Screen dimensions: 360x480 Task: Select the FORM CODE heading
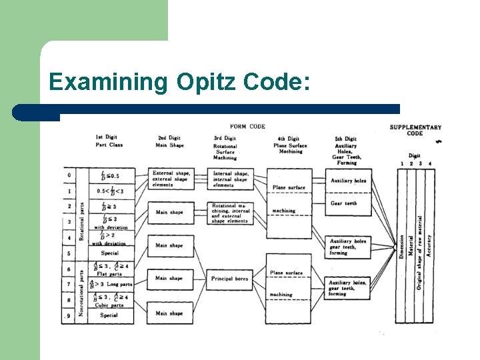click(x=247, y=127)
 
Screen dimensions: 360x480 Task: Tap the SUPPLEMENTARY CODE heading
click(x=415, y=130)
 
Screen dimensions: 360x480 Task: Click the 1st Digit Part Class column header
click(x=109, y=141)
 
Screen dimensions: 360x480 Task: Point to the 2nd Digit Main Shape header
click(x=169, y=141)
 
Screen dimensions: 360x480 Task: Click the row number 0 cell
click(x=69, y=176)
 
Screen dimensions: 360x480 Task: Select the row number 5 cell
click(x=69, y=253)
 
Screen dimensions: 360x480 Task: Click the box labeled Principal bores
click(x=231, y=279)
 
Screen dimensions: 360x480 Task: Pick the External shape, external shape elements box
click(x=171, y=179)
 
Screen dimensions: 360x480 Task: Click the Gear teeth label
click(x=344, y=203)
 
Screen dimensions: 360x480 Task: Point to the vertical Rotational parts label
click(x=82, y=221)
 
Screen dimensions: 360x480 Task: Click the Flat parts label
click(x=109, y=273)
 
